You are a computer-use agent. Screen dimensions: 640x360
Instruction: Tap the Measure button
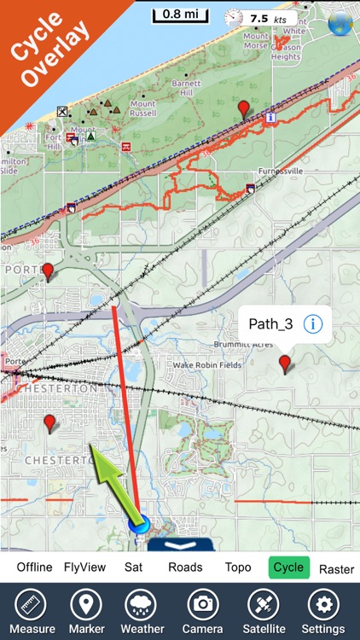click(32, 611)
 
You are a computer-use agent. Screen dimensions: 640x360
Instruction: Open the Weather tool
click(143, 611)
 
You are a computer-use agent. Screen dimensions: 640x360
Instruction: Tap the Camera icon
click(203, 611)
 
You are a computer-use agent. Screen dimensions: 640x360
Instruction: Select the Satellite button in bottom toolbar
click(263, 611)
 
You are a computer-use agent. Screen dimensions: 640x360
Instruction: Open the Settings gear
click(323, 611)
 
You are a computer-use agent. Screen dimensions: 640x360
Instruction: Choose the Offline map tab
click(34, 567)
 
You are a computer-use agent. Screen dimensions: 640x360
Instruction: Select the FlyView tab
click(84, 567)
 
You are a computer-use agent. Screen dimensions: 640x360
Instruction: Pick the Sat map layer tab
click(133, 567)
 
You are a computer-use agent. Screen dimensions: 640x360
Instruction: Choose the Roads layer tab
click(185, 567)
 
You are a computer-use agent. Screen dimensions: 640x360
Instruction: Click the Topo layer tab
click(238, 567)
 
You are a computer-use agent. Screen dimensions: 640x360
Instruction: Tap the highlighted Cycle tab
click(287, 567)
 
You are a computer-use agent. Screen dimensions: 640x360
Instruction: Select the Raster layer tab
click(336, 568)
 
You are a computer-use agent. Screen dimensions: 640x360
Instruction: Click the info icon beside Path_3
click(313, 324)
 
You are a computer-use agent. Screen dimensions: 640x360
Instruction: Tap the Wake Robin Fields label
click(207, 364)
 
